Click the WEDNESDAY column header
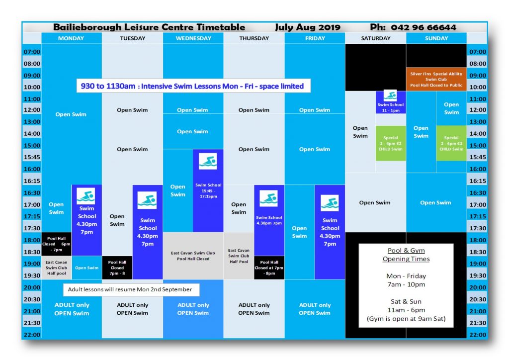[x=193, y=38]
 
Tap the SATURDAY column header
[x=375, y=38]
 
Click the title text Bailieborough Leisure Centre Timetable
[x=149, y=27]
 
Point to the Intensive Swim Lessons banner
[x=192, y=86]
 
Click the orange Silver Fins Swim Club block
[x=436, y=80]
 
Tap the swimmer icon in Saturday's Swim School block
[x=390, y=96]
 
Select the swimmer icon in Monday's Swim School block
[x=85, y=196]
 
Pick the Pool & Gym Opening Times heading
[x=406, y=255]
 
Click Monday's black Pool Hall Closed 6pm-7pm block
[x=56, y=244]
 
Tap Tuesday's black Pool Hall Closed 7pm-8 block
[x=117, y=268]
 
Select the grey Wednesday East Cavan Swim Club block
[x=193, y=256]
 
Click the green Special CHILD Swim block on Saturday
[x=391, y=143]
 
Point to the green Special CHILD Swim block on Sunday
[x=451, y=143]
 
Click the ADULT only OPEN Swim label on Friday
[x=315, y=309]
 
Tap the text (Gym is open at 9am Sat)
[x=407, y=318]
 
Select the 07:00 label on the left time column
[x=32, y=52]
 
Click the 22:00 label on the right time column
[x=477, y=335]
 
